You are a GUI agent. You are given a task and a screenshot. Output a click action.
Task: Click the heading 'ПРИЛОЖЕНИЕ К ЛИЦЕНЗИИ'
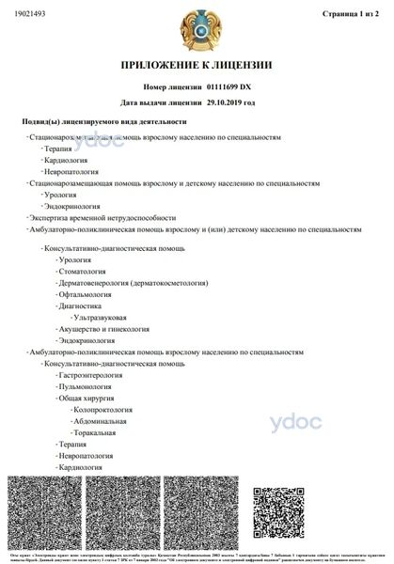197,65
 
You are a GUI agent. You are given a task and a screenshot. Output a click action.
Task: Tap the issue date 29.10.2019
229,102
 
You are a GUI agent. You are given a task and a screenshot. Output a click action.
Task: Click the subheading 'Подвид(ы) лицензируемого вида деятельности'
104,122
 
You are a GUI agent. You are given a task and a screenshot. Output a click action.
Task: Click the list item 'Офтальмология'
86,294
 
